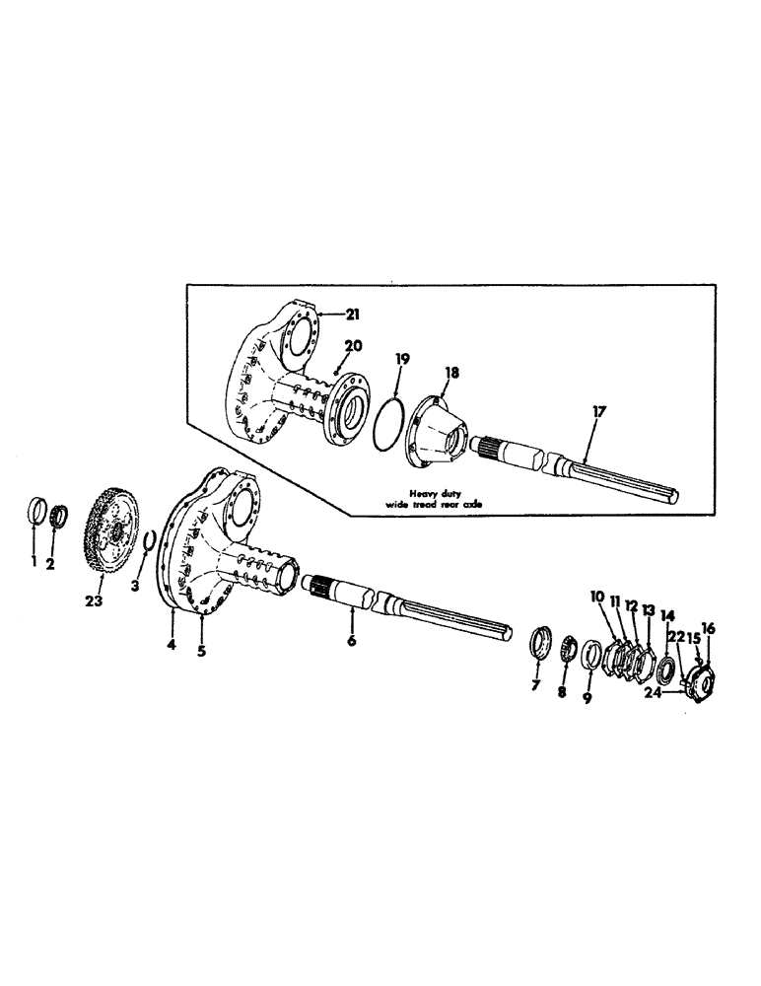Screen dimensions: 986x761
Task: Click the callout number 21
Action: click(353, 314)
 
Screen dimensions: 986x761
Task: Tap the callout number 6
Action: click(353, 640)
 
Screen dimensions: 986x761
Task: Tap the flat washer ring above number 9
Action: click(591, 655)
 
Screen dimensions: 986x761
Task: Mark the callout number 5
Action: click(202, 652)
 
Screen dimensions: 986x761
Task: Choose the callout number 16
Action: click(708, 627)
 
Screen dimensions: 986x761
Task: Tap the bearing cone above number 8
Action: click(567, 650)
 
